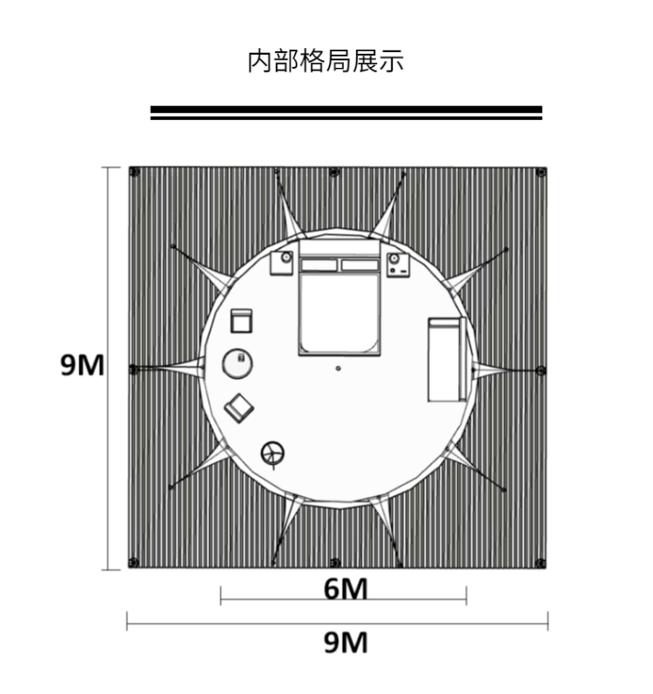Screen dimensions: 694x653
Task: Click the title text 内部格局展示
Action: (x=326, y=62)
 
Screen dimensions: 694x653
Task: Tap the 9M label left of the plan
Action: (x=82, y=365)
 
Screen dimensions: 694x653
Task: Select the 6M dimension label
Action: (x=346, y=590)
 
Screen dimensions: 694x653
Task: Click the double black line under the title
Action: (x=346, y=112)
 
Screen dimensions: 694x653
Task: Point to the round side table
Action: (x=237, y=362)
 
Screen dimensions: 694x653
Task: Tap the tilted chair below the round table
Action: (x=239, y=407)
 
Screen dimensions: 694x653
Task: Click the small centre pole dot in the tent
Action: (x=339, y=367)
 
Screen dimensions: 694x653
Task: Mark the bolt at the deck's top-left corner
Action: (x=134, y=172)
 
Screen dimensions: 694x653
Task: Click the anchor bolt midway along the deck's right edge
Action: (x=542, y=370)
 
